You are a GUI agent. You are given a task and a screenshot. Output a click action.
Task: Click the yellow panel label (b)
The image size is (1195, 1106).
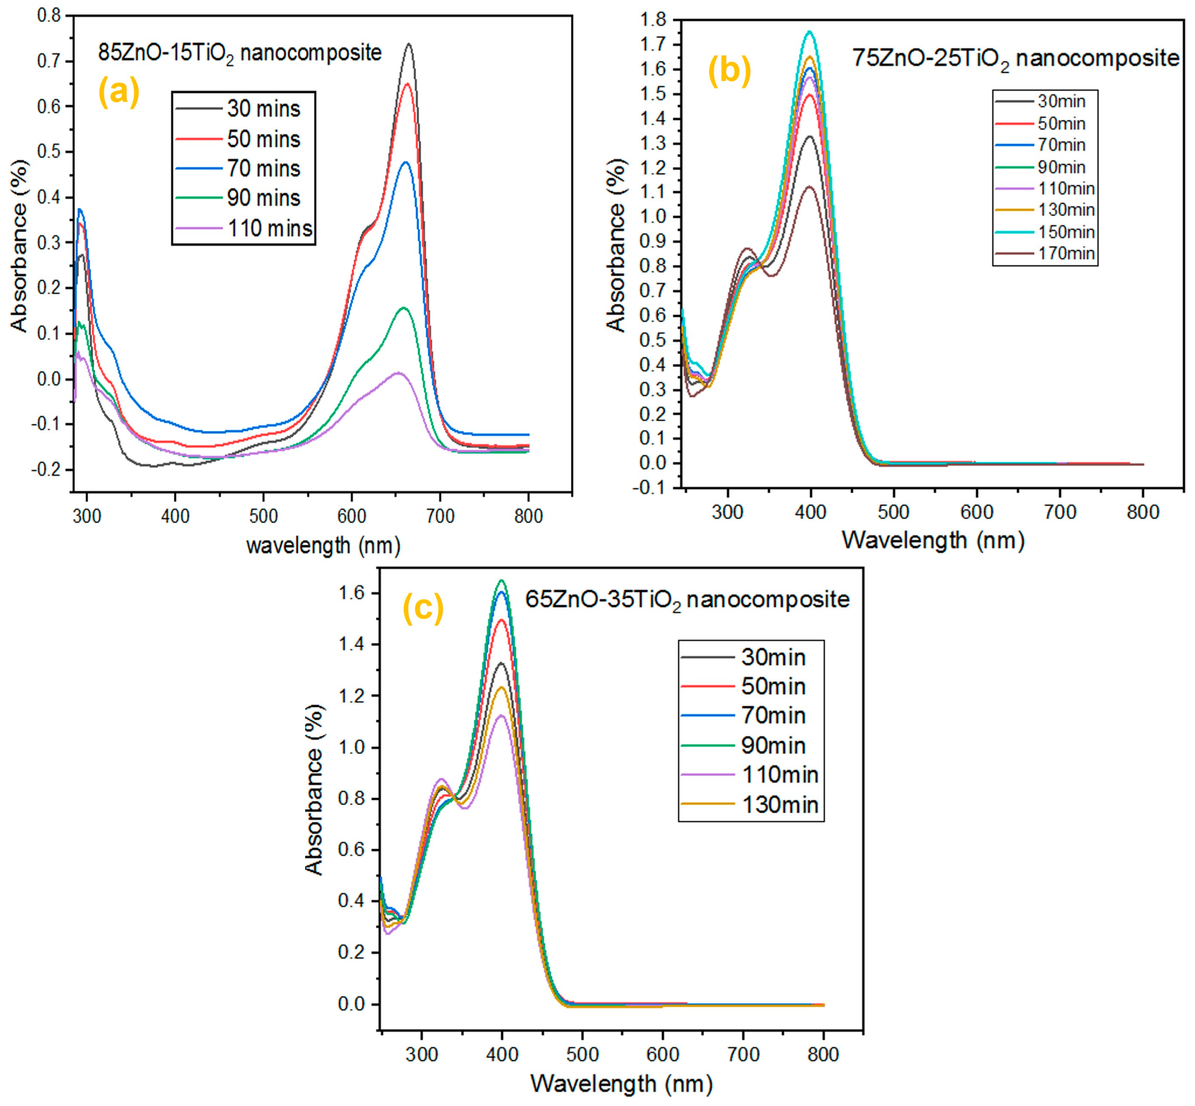click(729, 71)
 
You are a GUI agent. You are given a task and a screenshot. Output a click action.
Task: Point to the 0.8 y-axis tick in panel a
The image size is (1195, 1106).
click(49, 16)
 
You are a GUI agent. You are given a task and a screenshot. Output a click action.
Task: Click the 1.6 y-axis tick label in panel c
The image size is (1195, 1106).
click(353, 593)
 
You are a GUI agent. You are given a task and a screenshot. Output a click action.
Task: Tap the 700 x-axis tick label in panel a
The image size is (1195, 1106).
click(440, 516)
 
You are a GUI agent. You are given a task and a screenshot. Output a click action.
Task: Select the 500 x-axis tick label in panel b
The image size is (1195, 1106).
click(893, 512)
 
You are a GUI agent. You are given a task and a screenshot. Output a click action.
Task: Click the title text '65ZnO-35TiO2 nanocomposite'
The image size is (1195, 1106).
click(687, 600)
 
